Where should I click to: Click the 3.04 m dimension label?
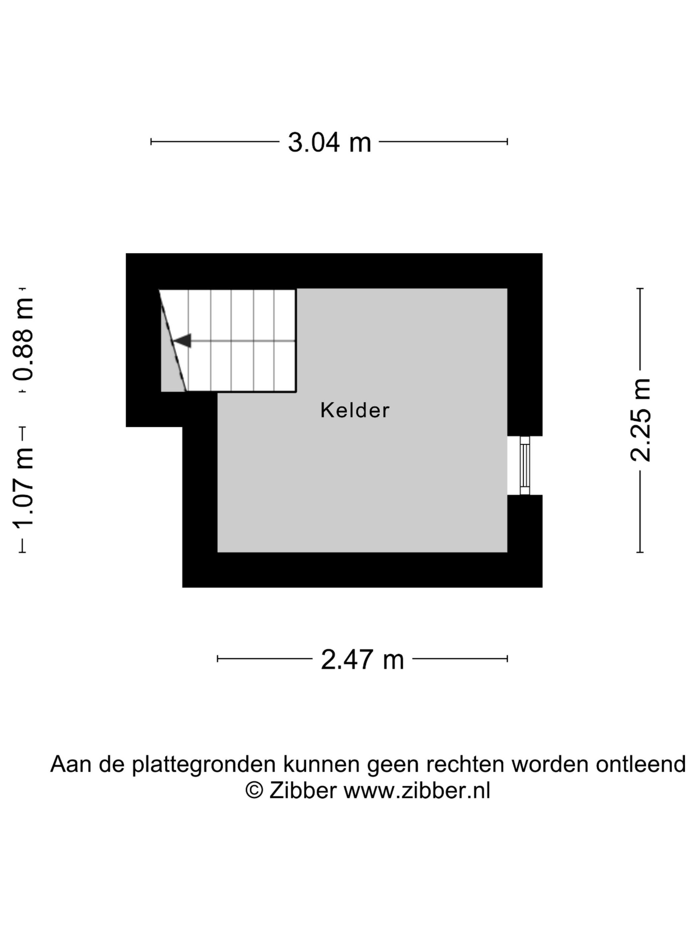329,142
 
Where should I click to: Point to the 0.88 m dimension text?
23,340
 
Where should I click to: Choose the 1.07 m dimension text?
23,490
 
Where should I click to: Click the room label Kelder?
355,411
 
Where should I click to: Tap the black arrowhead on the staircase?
183,340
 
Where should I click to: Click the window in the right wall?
525,465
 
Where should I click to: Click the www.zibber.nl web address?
417,790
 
